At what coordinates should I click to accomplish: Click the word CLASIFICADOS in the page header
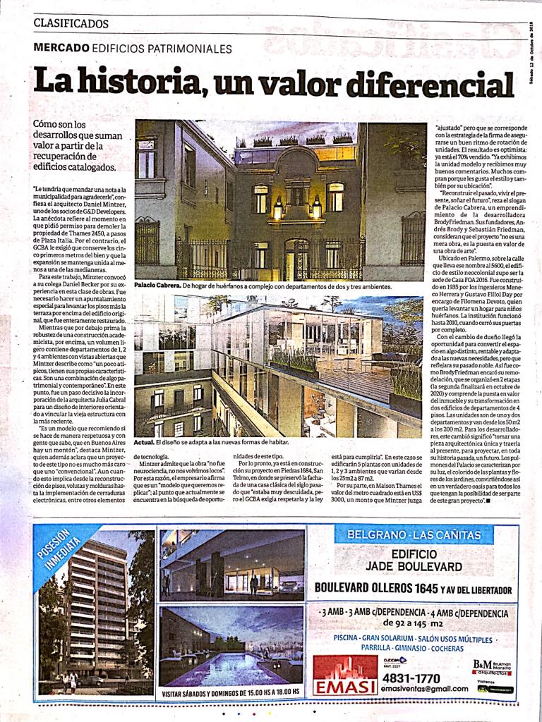(x=71, y=23)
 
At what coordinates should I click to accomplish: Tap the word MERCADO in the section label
(x=61, y=49)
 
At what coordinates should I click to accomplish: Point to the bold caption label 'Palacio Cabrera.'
(x=157, y=287)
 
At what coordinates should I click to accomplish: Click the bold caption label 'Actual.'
(x=145, y=441)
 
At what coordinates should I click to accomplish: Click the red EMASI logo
(x=345, y=675)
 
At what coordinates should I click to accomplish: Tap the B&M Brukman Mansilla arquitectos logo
(x=492, y=666)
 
